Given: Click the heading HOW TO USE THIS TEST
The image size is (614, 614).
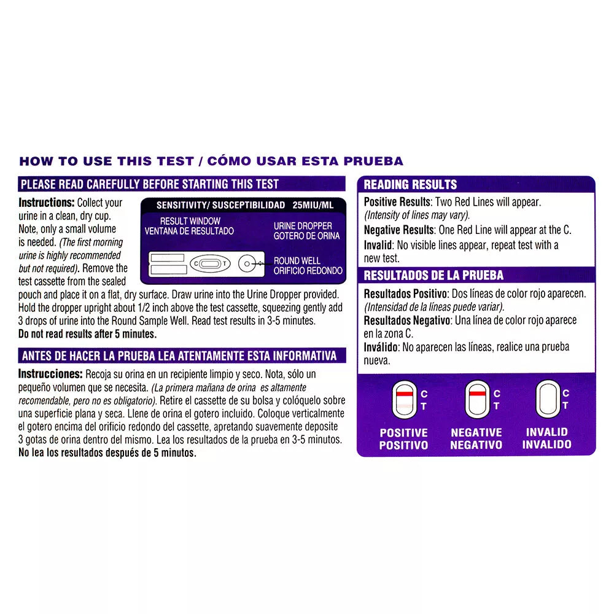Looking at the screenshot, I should [105, 161].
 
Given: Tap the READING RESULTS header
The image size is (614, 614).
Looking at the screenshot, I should [410, 184].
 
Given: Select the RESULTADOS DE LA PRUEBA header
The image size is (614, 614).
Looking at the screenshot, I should [433, 275].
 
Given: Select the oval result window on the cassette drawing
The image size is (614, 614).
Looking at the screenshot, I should [209, 265].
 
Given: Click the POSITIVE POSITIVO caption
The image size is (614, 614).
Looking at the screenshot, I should [403, 438].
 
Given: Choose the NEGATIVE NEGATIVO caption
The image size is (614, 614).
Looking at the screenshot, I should [476, 438].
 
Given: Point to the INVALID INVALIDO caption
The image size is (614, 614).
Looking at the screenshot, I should [546, 438].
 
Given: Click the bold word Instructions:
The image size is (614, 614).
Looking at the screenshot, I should [47, 203].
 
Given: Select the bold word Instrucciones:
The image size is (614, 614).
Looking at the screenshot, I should [50, 374].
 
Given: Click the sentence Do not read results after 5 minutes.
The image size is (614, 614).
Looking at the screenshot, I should [88, 334].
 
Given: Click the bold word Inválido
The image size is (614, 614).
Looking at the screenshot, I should [381, 347].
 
